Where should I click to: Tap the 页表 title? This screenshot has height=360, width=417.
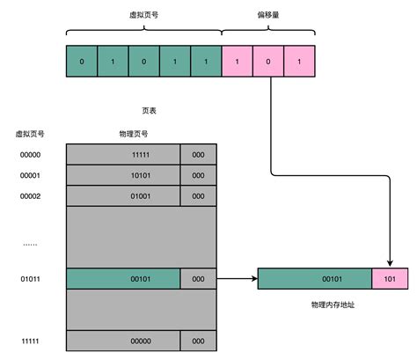coord(150,112)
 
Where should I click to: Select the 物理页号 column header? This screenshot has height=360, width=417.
coord(134,134)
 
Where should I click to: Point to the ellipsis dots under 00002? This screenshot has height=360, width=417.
coord(30,243)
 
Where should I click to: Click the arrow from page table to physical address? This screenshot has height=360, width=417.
coord(236,279)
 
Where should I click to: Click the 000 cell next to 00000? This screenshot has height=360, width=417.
coord(198,339)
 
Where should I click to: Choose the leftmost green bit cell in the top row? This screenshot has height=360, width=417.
coord(82,62)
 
